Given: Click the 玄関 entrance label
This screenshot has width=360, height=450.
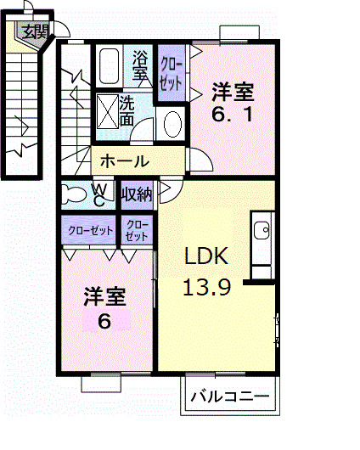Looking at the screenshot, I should click(x=35, y=32).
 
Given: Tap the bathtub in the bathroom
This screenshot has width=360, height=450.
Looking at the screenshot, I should click(x=109, y=65).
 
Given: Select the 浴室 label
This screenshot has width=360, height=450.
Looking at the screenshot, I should click(x=141, y=66).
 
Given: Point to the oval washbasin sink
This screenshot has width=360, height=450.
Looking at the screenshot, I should click(x=171, y=124).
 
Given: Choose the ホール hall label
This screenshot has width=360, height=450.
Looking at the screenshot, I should click(x=125, y=161).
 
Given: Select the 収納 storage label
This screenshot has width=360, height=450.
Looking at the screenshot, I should click(x=136, y=194).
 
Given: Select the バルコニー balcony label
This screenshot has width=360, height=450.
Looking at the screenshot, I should click(x=229, y=397).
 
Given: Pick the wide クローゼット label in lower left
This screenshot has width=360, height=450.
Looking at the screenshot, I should click(x=89, y=229).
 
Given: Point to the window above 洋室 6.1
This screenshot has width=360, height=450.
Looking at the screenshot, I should click(x=239, y=34).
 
